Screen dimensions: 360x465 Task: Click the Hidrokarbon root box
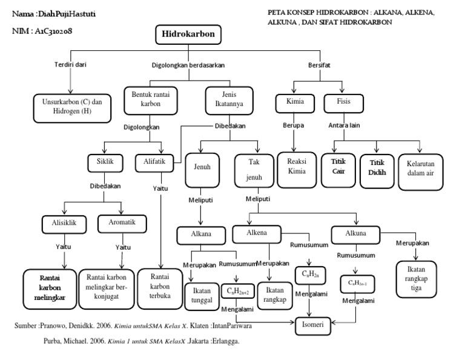click(x=188, y=35)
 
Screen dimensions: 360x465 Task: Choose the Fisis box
click(x=343, y=102)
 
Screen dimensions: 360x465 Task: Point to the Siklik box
click(x=105, y=162)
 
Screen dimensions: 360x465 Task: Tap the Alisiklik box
click(x=67, y=224)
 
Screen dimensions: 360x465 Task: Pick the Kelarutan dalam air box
click(x=421, y=172)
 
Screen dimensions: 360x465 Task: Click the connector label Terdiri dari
click(x=70, y=65)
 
